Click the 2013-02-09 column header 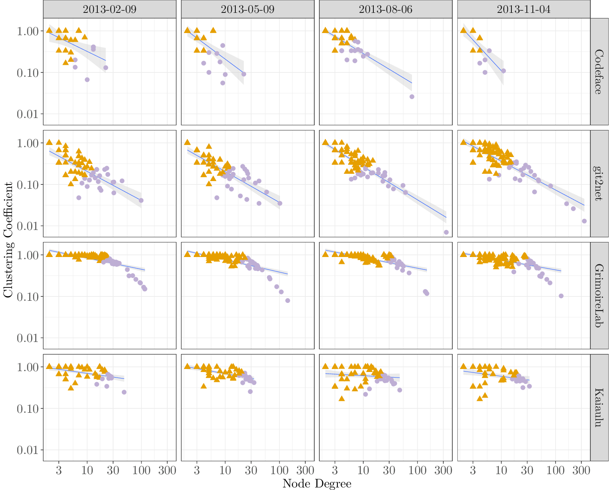[x=110, y=9]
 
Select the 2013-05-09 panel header [x=248, y=9]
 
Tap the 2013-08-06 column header [x=386, y=9]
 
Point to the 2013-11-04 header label [x=524, y=9]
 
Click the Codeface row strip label [x=599, y=72]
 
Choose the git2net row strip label [x=599, y=184]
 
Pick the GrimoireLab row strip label [x=599, y=296]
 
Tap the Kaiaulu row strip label [x=599, y=408]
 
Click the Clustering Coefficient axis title [x=8, y=239]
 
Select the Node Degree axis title [x=317, y=484]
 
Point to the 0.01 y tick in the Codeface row [x=28, y=114]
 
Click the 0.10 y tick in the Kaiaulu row [x=28, y=408]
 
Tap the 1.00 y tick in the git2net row [x=28, y=143]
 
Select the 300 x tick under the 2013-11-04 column [x=581, y=470]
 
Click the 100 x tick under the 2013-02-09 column [x=141, y=470]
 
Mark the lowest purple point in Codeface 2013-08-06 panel [x=412, y=97]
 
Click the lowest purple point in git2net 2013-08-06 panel [x=446, y=232]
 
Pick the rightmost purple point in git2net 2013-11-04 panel [x=584, y=221]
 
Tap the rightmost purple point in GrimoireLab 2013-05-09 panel [x=288, y=300]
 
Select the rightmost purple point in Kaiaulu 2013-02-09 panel [x=124, y=392]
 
